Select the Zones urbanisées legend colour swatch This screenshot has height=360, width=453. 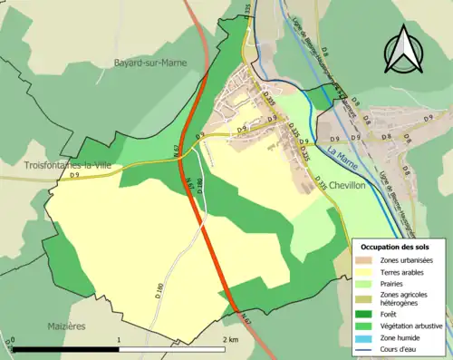click(x=365, y=260)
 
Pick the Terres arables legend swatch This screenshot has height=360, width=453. click(x=365, y=271)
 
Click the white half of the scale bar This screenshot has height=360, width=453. click(x=172, y=349)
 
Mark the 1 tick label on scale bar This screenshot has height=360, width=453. click(x=119, y=340)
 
